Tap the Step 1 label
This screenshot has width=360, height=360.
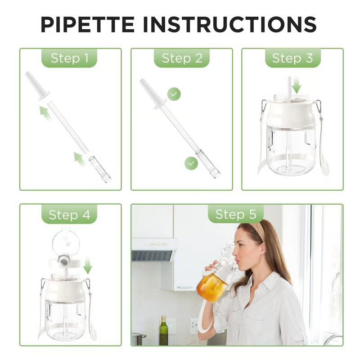click(70, 58)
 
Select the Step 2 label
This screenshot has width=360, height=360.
click(182, 58)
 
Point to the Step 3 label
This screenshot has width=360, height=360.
click(292, 58)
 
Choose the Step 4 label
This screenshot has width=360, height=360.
click(70, 215)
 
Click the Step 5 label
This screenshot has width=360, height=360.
click(236, 214)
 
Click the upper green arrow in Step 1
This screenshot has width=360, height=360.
click(45, 112)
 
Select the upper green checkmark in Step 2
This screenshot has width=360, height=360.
click(174, 94)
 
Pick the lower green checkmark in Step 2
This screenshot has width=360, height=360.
click(191, 163)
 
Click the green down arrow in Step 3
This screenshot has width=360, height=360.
click(296, 84)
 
